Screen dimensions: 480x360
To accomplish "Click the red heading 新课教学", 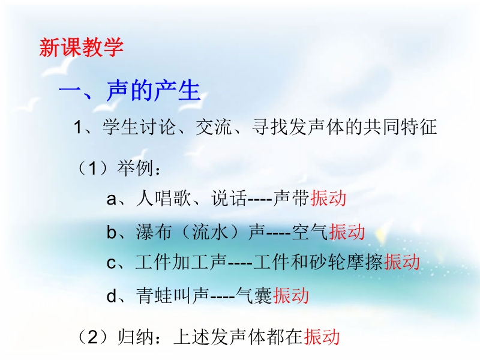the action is click(x=81, y=47).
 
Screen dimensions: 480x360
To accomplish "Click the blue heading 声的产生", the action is click(x=154, y=91).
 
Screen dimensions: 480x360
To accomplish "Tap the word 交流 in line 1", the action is click(x=214, y=127).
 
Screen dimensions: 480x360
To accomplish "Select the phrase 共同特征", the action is click(x=400, y=127).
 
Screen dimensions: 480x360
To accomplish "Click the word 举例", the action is click(x=134, y=168).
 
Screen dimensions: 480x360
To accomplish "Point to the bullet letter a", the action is click(x=112, y=199).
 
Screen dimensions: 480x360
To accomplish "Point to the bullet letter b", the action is click(x=112, y=232).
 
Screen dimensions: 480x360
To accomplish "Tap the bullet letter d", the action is click(x=112, y=296).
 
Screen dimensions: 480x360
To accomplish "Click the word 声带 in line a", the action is click(x=291, y=199).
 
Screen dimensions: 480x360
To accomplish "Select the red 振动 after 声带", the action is click(x=328, y=199).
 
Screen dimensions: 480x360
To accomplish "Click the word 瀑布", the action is click(x=154, y=232).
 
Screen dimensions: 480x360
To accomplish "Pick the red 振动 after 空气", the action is click(x=347, y=232).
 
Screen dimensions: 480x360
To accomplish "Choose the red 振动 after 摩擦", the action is click(x=402, y=262).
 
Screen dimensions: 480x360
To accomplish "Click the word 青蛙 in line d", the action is click(x=154, y=296).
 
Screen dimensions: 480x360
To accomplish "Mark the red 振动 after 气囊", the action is click(x=291, y=296).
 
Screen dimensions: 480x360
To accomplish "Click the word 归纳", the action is click(x=136, y=337).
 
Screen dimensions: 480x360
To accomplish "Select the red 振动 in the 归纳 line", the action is click(x=322, y=337).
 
